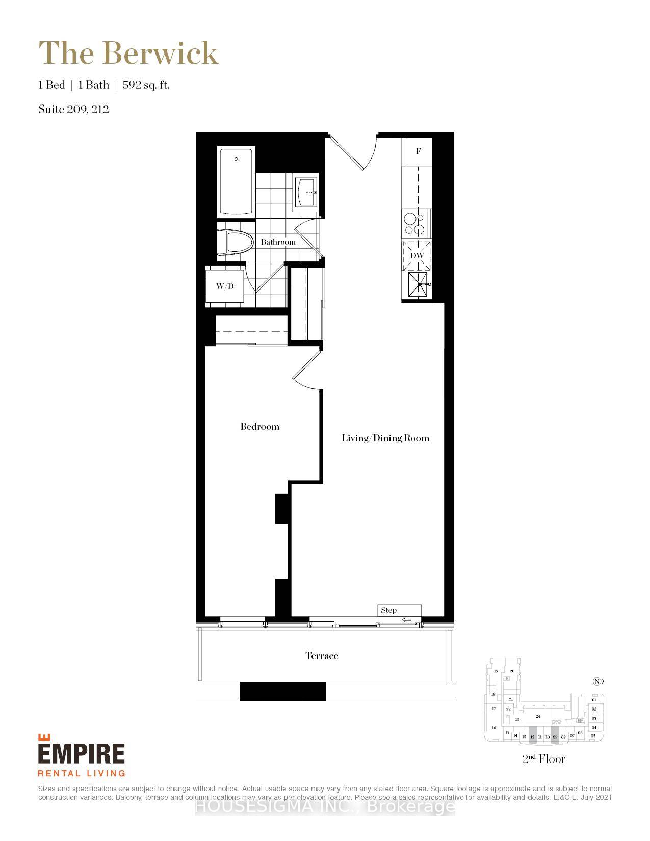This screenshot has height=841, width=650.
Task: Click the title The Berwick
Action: tap(128, 53)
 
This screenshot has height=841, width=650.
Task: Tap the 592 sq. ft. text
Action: tap(146, 85)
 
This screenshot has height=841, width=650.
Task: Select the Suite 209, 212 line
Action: tap(73, 109)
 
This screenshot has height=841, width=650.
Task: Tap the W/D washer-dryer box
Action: tap(225, 286)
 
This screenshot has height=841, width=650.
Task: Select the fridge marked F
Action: tap(418, 151)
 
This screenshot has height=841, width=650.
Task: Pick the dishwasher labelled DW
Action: tap(417, 255)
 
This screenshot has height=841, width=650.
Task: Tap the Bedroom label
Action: tap(260, 427)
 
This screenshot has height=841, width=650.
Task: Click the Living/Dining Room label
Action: tap(385, 438)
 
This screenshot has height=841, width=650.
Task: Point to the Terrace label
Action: tap(322, 656)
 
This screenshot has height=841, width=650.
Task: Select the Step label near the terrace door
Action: tap(389, 610)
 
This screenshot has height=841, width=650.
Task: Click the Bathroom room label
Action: tap(278, 242)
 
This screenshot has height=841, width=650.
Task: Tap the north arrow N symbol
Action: tap(598, 681)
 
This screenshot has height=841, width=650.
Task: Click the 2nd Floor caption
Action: tap(543, 759)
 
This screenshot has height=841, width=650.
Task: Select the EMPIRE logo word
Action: tap(82, 753)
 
